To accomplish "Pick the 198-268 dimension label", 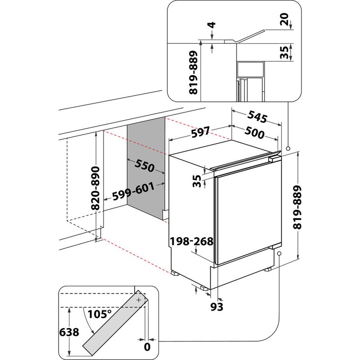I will click(x=192, y=243).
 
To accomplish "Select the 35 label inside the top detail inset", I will click(x=284, y=52).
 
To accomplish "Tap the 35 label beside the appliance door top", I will click(x=196, y=181).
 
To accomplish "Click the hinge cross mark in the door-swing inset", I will click(x=139, y=299).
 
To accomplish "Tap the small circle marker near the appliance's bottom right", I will click(x=279, y=254).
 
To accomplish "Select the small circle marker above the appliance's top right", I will click(x=288, y=148).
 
